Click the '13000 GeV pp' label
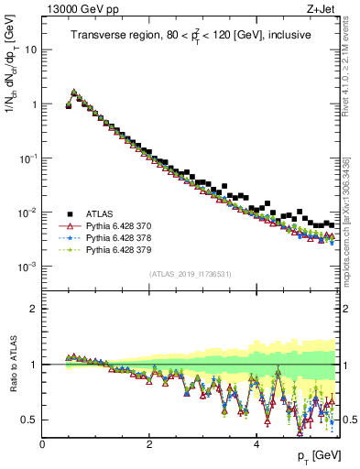(75, 9)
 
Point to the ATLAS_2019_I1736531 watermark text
(189, 274)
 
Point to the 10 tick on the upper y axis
(32, 49)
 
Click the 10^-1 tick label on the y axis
(28, 158)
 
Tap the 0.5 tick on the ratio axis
(30, 420)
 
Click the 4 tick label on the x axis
(256, 443)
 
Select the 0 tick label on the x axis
(42, 443)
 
